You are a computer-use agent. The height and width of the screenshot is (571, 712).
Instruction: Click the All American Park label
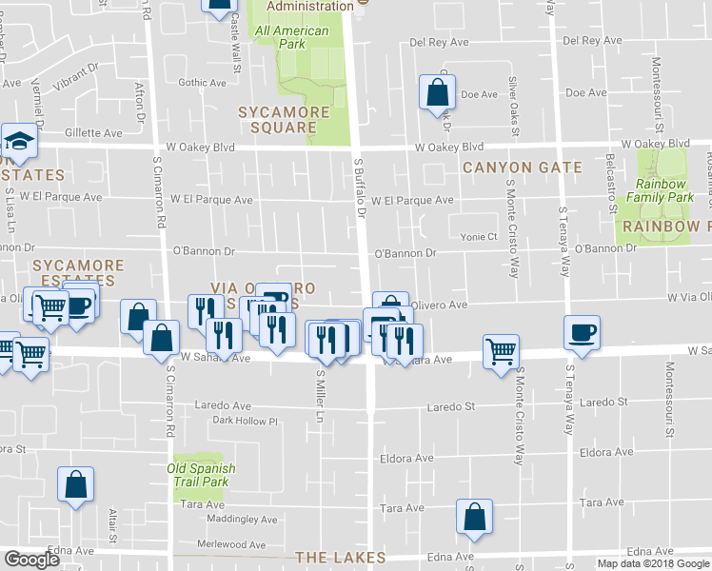coord(291,37)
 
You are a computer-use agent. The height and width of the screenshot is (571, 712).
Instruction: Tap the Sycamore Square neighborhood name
coord(284,120)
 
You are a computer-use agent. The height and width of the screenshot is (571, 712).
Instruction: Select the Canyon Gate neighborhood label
coord(522,167)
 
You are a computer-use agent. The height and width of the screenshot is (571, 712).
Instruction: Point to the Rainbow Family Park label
coord(665,191)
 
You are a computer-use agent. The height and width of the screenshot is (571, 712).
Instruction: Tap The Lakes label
coord(340,558)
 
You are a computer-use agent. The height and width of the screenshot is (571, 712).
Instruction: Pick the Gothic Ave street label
coord(202,83)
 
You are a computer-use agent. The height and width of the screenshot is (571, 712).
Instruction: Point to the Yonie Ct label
coord(479,237)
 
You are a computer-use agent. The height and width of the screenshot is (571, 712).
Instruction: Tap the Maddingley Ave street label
coord(242,520)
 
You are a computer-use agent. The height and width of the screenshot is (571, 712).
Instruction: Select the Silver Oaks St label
coord(513,106)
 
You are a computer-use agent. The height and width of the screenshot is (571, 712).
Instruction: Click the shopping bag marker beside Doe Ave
coord(437,93)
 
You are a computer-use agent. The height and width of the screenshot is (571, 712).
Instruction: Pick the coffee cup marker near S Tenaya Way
coord(583,332)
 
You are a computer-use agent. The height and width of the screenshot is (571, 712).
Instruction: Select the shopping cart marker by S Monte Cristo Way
coord(501,352)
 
